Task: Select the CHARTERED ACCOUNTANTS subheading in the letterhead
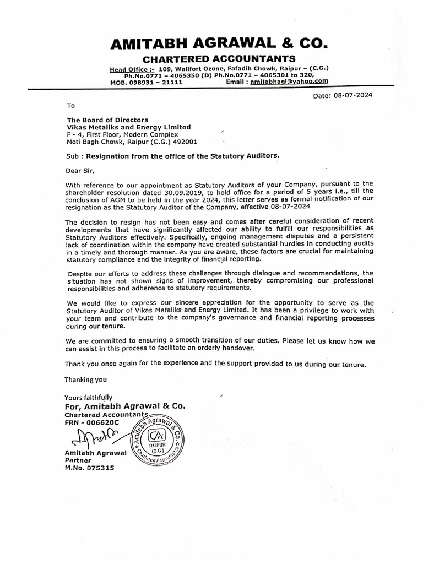(219, 59)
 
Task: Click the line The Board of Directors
(107, 120)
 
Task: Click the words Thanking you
(86, 379)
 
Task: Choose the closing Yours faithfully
(89, 397)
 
